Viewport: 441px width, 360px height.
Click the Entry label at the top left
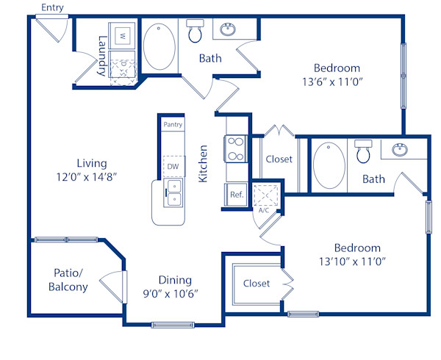click(52, 7)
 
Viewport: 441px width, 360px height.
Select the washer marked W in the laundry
click(123, 35)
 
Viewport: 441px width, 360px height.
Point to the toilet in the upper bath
click(196, 32)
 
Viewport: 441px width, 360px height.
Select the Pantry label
click(173, 125)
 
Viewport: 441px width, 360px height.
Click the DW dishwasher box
click(173, 167)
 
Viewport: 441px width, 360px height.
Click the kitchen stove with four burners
click(235, 149)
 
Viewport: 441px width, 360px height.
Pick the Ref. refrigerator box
click(237, 195)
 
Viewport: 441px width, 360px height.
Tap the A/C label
click(263, 210)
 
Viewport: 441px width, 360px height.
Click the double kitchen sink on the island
click(173, 193)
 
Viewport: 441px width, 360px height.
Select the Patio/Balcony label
click(69, 279)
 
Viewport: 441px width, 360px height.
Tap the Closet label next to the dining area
click(256, 283)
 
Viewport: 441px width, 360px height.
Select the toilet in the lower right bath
click(363, 151)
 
